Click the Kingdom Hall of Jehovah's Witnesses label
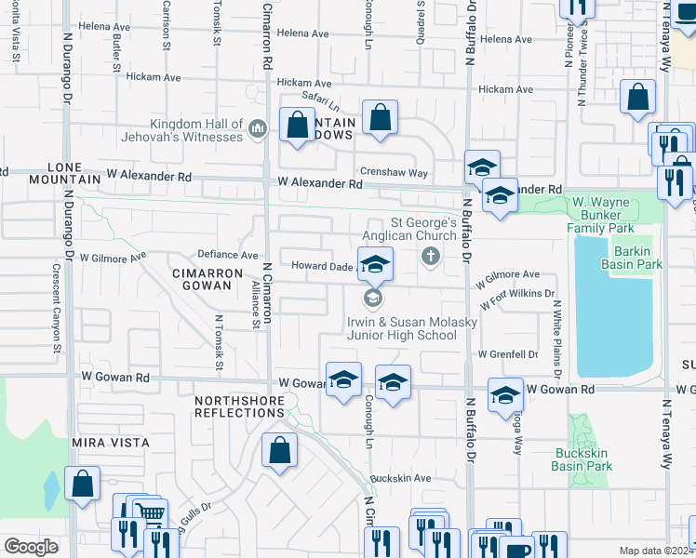pos(198,130)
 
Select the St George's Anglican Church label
pos(422,229)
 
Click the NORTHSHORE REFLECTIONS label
pos(239,406)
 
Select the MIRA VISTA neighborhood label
pos(110,445)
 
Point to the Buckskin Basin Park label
pos(583,459)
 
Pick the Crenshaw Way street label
pos(395,173)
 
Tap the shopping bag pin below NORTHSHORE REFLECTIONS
pos(279,452)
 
